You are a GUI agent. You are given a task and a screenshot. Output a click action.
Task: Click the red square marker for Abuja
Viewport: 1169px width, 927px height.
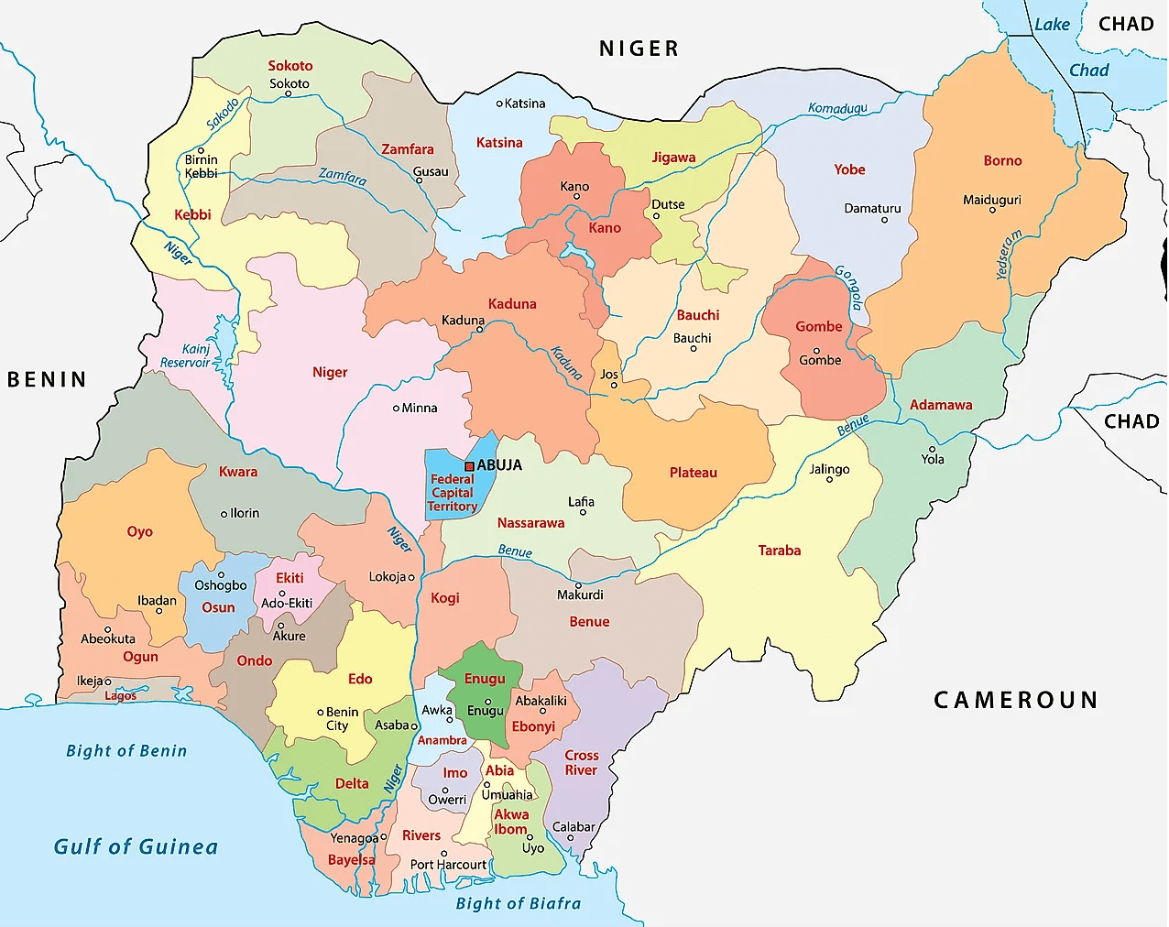(x=470, y=466)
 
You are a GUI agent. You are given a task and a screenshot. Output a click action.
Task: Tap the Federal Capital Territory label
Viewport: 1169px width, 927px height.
(x=453, y=493)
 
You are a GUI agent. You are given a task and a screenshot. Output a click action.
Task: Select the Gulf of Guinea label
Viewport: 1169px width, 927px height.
(x=136, y=846)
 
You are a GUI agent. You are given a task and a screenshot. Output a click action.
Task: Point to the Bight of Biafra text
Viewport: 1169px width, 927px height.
(x=519, y=903)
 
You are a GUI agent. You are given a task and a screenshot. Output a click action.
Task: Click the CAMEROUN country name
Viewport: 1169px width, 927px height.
(x=1016, y=700)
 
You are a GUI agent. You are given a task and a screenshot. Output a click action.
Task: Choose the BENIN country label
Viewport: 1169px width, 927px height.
(x=47, y=379)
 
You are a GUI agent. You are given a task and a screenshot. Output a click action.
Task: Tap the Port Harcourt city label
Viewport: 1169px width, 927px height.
(x=448, y=865)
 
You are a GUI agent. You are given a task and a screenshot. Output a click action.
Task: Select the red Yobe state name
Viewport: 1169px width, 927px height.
(x=849, y=169)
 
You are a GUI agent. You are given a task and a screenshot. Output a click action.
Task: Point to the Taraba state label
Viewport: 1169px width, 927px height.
(x=780, y=551)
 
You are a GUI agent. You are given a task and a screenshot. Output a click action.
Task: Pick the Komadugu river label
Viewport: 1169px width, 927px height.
(x=837, y=108)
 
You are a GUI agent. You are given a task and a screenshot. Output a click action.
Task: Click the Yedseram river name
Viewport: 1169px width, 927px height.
(x=1008, y=255)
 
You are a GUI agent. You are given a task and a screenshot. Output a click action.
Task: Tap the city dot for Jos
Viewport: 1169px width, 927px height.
(x=615, y=386)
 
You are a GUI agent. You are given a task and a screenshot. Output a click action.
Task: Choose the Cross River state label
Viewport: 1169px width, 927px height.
(x=581, y=762)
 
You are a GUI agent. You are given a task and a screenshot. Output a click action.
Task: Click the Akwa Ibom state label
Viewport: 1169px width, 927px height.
(x=511, y=822)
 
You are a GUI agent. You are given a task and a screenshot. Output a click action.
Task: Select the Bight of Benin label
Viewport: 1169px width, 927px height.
(x=126, y=750)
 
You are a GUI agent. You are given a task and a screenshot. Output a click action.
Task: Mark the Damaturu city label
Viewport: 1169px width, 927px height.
(x=872, y=208)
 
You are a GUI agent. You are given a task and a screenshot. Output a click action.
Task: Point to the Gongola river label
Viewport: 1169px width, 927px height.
(x=849, y=287)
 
